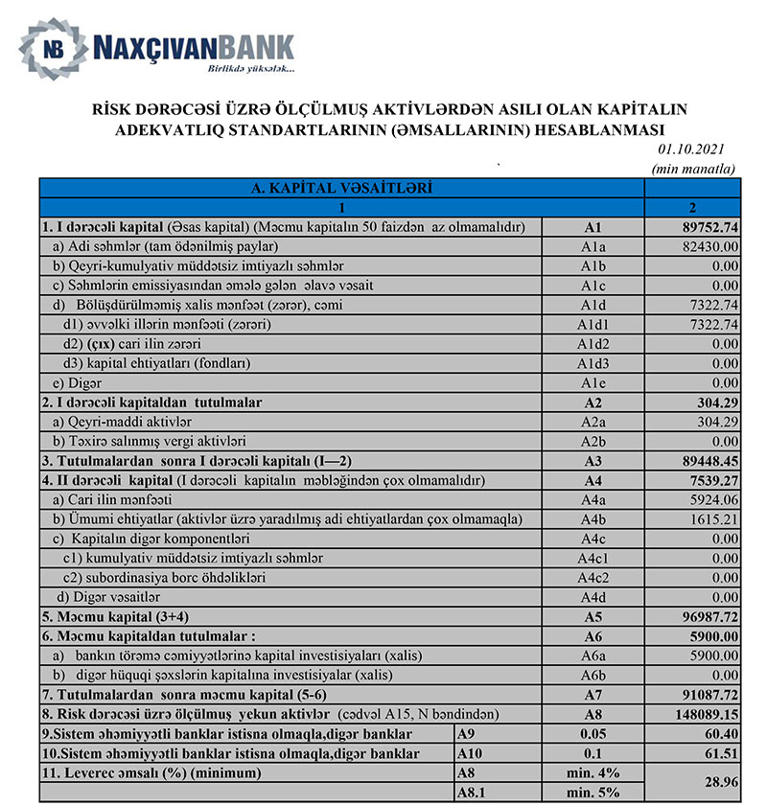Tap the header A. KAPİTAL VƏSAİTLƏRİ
click(341, 189)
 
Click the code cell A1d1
click(593, 324)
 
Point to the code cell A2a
click(593, 421)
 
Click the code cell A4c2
click(593, 576)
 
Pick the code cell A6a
click(593, 655)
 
